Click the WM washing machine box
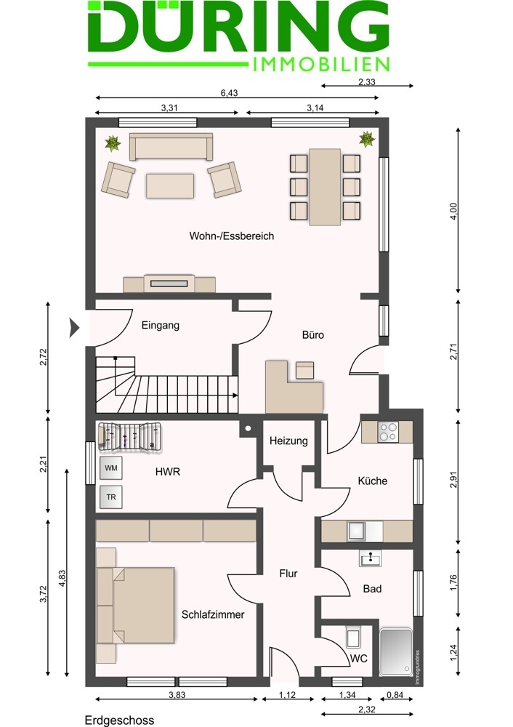(x=111, y=468)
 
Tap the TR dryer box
(x=111, y=497)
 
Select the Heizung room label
(x=288, y=441)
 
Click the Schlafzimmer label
(x=213, y=615)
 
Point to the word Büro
(x=312, y=334)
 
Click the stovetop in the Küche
(x=388, y=432)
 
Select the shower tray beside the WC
(x=396, y=652)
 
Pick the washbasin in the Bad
(x=371, y=558)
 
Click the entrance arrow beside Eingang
(x=74, y=327)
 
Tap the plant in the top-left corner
(x=113, y=143)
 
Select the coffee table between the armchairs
(x=170, y=186)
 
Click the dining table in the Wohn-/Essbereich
(x=326, y=187)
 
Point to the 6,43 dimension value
(x=229, y=93)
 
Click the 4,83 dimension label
(x=62, y=578)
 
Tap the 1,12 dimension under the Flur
(x=287, y=695)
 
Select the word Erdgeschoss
(x=120, y=720)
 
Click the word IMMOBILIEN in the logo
(x=322, y=65)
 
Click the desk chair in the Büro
(x=305, y=370)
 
